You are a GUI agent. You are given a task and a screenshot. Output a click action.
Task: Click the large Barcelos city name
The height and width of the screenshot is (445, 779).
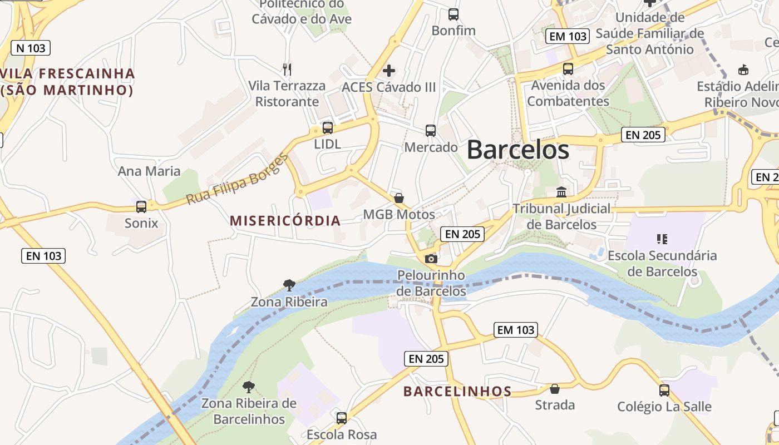pos(517,150)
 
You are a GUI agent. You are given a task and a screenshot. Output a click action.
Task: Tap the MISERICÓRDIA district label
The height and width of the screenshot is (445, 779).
pos(285,220)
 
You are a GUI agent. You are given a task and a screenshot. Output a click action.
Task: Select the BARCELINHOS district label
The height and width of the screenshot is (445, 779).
pos(457,392)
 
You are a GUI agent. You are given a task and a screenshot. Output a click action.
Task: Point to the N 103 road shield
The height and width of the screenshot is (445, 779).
pos(31,48)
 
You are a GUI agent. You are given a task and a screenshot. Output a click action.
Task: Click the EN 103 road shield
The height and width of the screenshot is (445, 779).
pos(44,256)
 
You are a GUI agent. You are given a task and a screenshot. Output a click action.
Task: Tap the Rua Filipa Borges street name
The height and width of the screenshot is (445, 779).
pos(238,179)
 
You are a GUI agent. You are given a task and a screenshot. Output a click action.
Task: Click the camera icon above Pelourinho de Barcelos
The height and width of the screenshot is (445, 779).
pos(431,259)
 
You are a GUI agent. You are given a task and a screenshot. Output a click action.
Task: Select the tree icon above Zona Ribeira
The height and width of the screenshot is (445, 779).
pos(289,285)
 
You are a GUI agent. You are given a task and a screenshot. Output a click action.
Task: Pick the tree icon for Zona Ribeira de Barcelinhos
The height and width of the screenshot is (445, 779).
pos(249,387)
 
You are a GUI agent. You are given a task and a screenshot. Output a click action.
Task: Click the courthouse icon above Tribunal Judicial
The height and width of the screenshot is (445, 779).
pos(561,192)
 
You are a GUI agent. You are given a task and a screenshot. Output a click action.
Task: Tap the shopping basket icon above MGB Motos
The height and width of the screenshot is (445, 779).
pos(399,198)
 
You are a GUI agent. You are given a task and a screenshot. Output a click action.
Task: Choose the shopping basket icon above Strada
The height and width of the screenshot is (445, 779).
pos(555,388)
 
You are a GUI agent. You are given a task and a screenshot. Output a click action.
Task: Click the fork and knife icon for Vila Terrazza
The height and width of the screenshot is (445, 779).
pos(287,70)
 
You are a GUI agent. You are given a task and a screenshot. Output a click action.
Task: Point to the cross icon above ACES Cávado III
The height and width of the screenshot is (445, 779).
pos(389,71)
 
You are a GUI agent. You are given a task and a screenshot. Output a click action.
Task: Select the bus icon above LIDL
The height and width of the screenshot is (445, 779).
pos(328,128)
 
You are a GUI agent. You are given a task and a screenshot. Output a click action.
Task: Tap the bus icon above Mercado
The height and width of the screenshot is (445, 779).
pos(431,131)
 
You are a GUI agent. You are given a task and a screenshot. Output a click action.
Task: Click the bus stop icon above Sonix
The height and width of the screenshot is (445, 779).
pos(141,207)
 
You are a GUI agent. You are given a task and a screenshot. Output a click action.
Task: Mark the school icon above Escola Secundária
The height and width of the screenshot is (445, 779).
pos(662,239)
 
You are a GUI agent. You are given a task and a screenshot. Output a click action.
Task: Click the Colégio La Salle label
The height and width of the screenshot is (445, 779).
pos(664,407)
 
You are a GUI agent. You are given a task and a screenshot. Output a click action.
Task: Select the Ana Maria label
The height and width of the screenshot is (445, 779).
pos(149,171)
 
